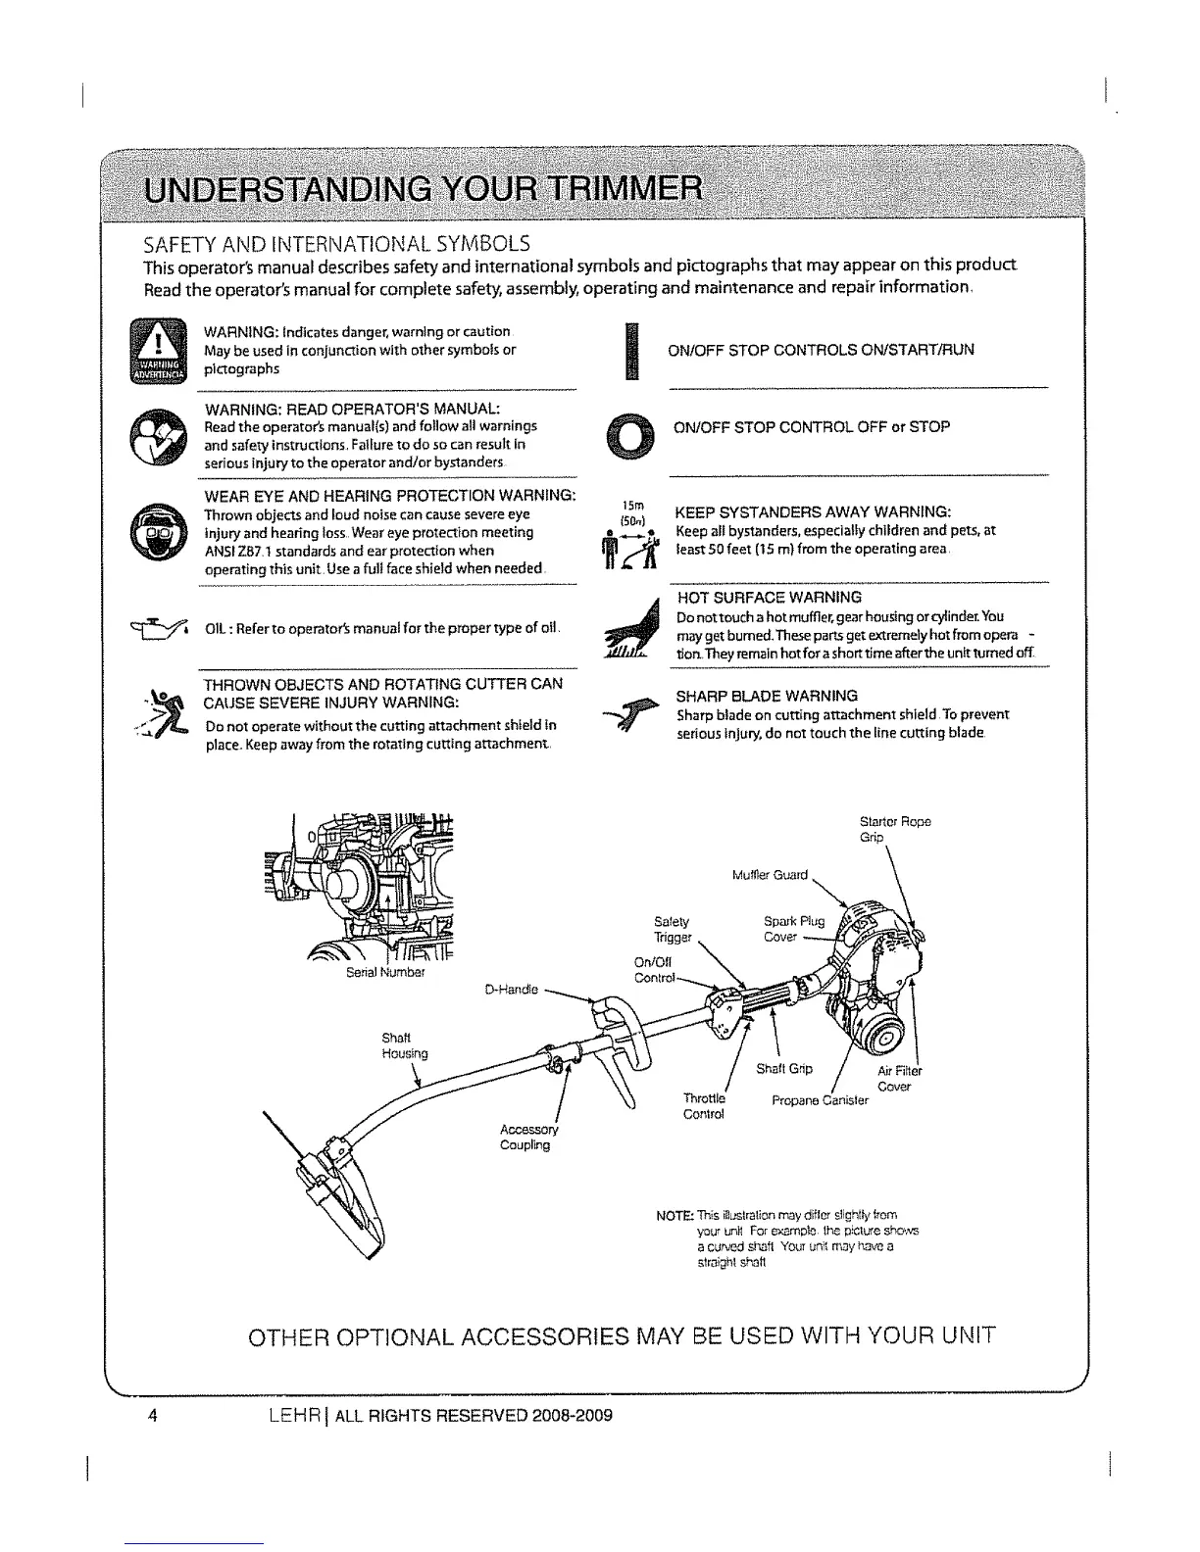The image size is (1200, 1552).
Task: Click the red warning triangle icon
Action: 156,350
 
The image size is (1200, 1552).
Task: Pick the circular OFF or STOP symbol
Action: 629,437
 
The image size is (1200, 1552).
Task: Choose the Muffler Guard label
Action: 770,874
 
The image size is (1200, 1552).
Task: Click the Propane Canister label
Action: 821,1100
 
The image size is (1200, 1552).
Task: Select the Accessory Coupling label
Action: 528,1137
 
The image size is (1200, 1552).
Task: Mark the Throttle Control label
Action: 704,1106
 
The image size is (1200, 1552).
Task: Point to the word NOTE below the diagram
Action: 675,1216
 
